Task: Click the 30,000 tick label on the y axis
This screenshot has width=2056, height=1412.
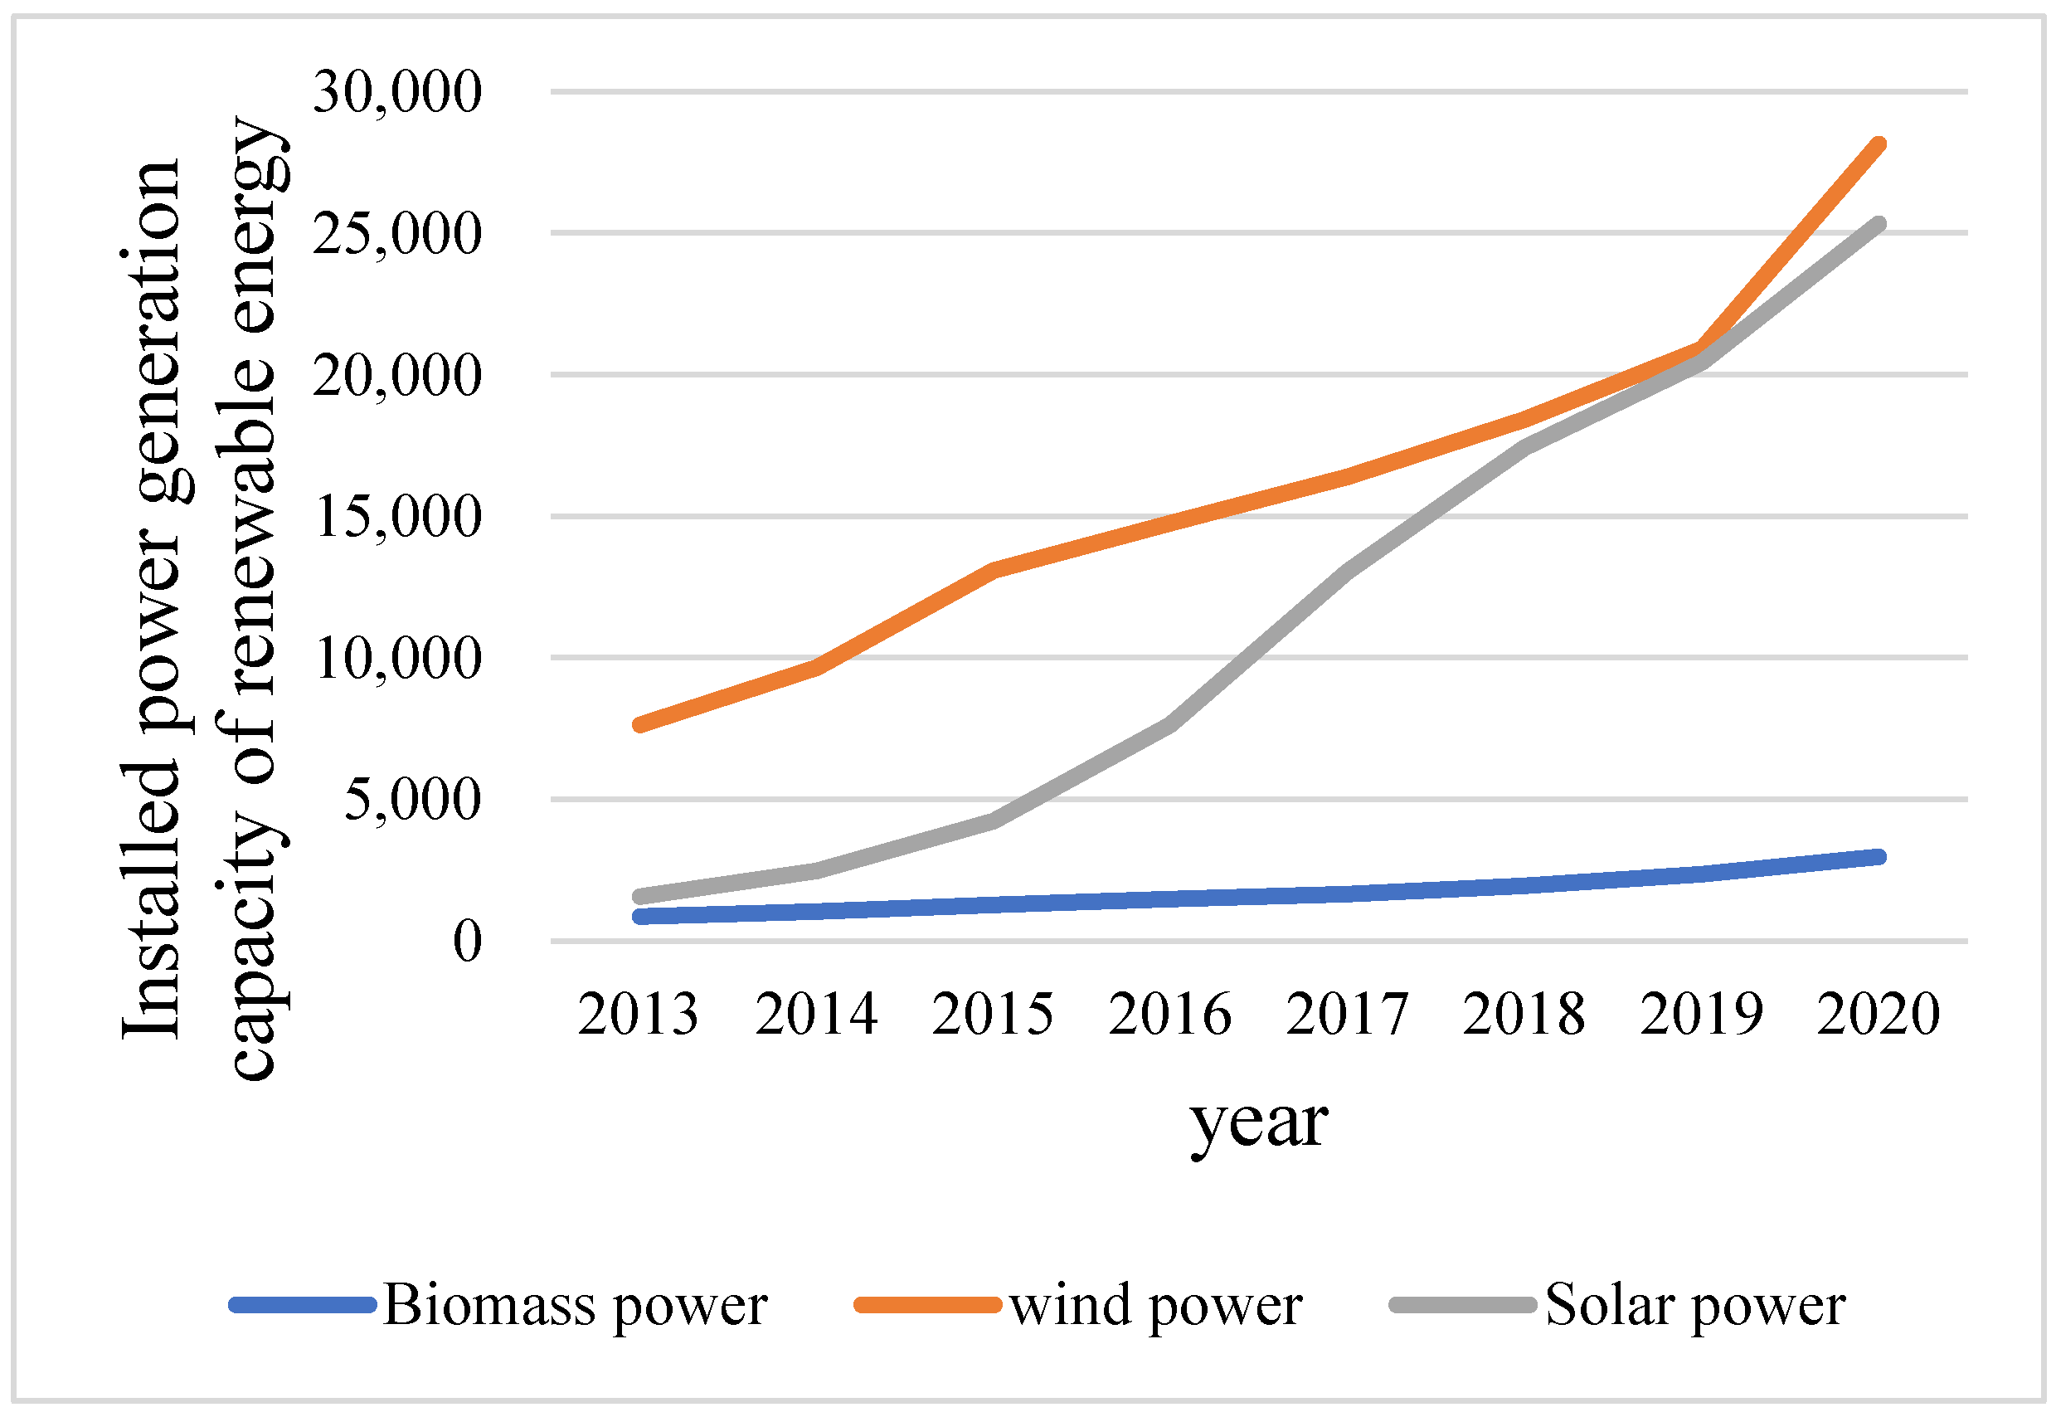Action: [397, 92]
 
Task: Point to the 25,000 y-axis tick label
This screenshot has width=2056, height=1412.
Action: [397, 234]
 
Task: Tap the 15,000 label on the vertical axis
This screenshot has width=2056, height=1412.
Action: [397, 517]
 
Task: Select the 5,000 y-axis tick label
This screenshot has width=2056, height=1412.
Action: [412, 800]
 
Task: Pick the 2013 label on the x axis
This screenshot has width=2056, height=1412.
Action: [638, 1014]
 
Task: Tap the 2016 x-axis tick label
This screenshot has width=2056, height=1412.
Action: [1169, 1014]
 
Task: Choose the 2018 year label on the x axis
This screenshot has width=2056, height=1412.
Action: [1524, 1014]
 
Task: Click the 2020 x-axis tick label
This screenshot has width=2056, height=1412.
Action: [1879, 1014]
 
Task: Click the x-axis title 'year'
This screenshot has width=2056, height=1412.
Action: [1258, 1125]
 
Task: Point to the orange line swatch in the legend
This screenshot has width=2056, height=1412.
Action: [928, 1305]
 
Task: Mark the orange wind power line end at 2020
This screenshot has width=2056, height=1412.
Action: [1879, 145]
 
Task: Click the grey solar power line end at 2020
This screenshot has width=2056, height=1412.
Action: [1879, 225]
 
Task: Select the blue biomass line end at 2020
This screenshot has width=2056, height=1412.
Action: [1879, 856]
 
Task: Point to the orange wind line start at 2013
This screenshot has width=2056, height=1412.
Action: [639, 724]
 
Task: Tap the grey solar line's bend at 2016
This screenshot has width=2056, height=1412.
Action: [1169, 724]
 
